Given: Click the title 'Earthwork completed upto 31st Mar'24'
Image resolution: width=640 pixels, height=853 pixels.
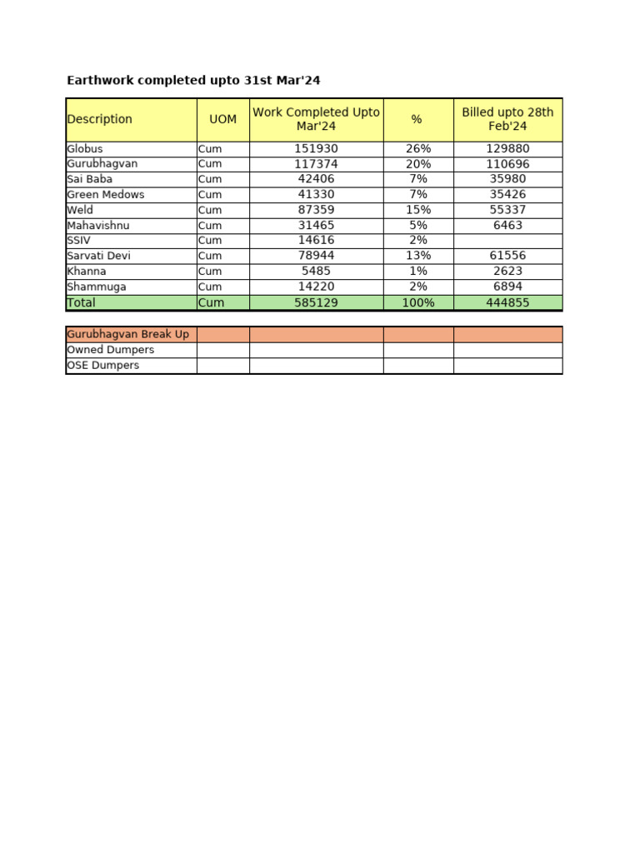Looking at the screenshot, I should [x=193, y=81].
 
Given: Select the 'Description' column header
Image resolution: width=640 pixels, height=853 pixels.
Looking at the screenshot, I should [x=99, y=119].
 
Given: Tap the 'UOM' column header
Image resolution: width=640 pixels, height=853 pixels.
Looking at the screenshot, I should [x=222, y=119].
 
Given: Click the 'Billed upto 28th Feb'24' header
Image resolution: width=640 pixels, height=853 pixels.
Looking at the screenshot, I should [x=507, y=119].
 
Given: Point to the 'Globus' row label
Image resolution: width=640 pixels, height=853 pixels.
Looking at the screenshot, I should [x=85, y=149].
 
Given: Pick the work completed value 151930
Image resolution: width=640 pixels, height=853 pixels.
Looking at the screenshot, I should [x=316, y=149].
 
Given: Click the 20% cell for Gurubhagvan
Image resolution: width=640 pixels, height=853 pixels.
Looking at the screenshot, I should [x=418, y=164].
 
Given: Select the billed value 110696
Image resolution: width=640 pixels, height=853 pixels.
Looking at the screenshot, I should [x=507, y=164].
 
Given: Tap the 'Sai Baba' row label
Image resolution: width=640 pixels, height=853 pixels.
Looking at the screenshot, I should [x=89, y=179].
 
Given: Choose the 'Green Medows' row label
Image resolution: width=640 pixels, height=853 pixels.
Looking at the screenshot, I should [x=105, y=195].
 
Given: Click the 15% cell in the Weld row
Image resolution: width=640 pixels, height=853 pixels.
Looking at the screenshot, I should [x=418, y=210].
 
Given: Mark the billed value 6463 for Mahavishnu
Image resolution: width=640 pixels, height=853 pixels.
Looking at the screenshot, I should [x=507, y=225].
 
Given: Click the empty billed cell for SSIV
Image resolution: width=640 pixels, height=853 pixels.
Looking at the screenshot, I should [x=507, y=240].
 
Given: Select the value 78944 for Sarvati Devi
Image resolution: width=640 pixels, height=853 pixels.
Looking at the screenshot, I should [x=316, y=256].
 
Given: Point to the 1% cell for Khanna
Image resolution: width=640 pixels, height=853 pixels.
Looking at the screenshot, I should [x=418, y=271].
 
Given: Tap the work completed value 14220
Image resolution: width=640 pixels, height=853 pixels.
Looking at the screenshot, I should [x=316, y=287].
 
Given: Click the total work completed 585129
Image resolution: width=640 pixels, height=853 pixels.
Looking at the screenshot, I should [x=316, y=302].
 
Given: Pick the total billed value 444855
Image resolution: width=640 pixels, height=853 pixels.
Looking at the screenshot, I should [x=507, y=302].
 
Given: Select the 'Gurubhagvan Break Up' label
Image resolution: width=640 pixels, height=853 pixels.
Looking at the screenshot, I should [x=127, y=334].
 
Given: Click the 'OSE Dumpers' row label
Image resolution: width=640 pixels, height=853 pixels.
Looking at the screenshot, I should [x=102, y=366].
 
